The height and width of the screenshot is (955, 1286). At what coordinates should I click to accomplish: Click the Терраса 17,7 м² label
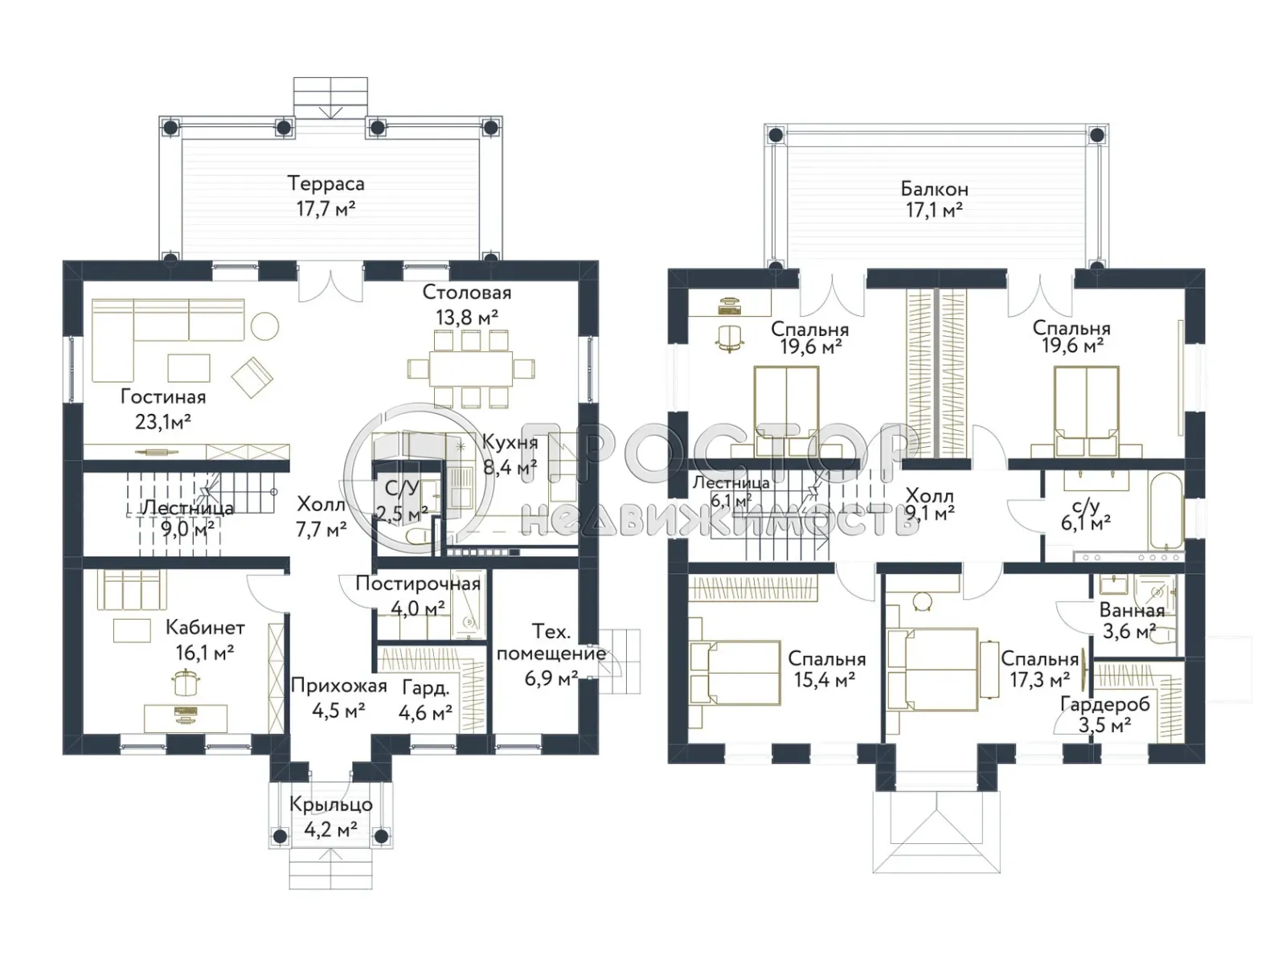[326, 196]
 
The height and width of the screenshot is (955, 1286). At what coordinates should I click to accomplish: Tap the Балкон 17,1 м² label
[934, 200]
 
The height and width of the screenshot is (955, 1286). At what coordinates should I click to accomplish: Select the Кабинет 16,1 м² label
[205, 640]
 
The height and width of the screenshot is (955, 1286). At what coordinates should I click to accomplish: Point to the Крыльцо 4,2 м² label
[330, 817]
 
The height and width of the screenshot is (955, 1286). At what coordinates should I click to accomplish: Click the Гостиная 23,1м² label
[163, 409]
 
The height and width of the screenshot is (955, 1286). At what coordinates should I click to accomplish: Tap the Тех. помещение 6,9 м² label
[551, 654]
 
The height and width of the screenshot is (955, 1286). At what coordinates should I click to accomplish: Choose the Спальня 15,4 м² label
[827, 669]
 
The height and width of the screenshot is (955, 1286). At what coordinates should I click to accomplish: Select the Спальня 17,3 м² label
[1039, 669]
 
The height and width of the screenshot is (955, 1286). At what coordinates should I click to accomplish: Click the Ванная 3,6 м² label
[1132, 621]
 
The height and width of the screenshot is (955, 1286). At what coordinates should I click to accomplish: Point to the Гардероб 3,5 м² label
[1105, 715]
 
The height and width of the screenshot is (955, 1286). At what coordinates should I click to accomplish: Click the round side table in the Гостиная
[265, 326]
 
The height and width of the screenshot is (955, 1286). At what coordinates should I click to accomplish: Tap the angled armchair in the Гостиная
[252, 377]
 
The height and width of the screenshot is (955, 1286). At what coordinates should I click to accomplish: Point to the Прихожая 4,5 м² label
[338, 698]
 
